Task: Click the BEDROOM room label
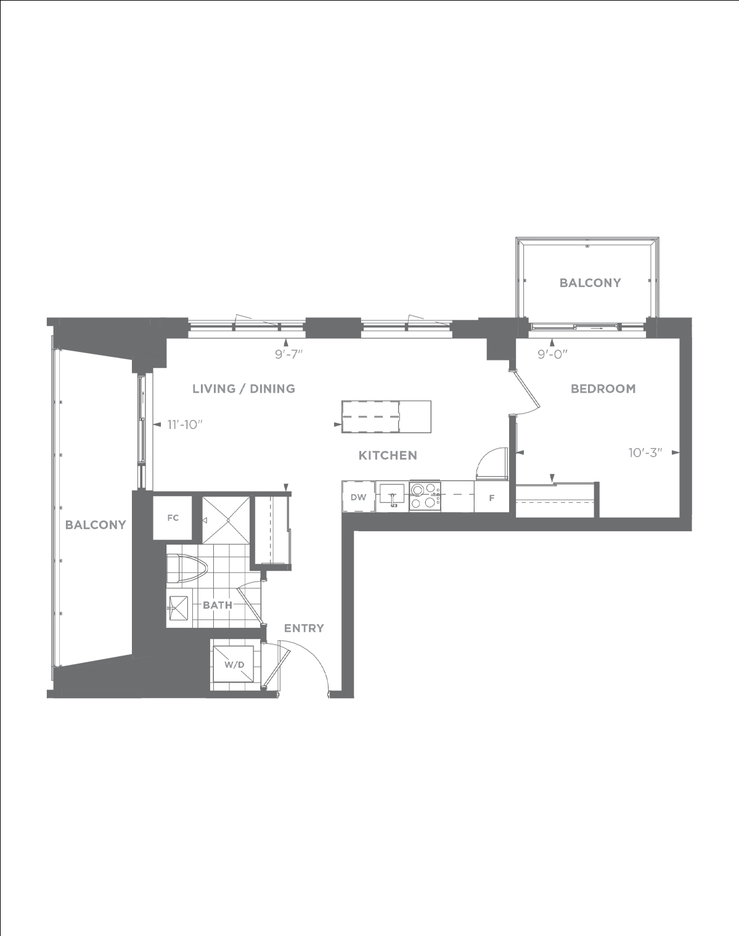point(603,388)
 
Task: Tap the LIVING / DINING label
point(243,388)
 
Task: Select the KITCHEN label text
point(388,455)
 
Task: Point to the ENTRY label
point(304,628)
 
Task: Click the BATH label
point(217,604)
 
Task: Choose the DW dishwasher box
point(358,497)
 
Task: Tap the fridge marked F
point(491,497)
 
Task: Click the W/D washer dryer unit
point(234,665)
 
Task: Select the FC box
point(173,518)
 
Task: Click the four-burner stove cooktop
point(425,496)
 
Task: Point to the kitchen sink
point(392,496)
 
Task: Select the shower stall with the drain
point(226,520)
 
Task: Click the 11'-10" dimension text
point(186,425)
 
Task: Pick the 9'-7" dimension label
point(288,354)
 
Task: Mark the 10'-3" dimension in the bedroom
point(645,453)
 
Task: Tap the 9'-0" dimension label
point(553,354)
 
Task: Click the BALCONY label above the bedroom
point(590,283)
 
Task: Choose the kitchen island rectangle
point(386,417)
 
